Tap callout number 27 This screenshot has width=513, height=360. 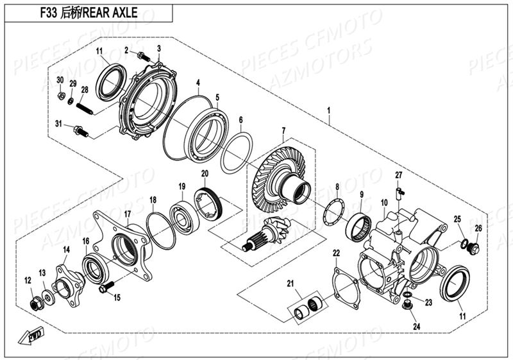tap(398, 175)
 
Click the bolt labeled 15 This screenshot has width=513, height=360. tap(105, 287)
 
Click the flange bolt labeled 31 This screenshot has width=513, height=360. tap(80, 132)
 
